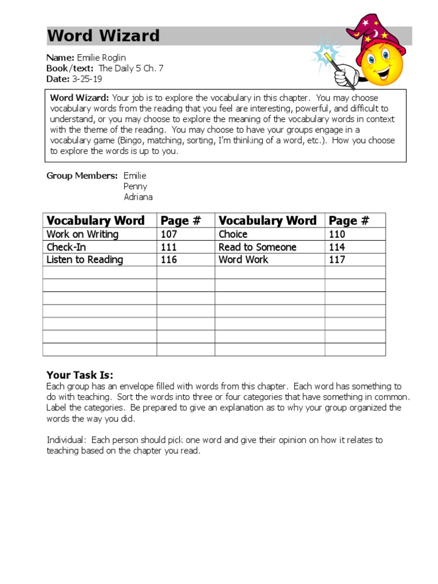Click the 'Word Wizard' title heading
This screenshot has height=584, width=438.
click(103, 36)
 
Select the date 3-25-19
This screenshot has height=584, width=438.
click(87, 79)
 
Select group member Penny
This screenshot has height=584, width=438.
click(135, 186)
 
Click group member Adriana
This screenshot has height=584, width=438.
click(138, 197)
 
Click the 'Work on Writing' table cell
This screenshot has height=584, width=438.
click(83, 234)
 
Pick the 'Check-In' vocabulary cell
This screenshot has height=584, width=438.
click(66, 247)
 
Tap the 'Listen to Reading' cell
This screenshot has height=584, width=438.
click(85, 259)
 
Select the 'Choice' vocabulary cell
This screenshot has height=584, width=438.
click(233, 234)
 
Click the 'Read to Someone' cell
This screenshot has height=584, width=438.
click(257, 247)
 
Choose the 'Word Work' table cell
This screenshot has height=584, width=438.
click(244, 259)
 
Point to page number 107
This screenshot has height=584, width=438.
click(169, 234)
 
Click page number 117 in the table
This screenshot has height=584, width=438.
click(337, 259)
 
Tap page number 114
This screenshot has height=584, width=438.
click(337, 247)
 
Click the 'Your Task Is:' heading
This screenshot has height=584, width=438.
click(80, 375)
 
